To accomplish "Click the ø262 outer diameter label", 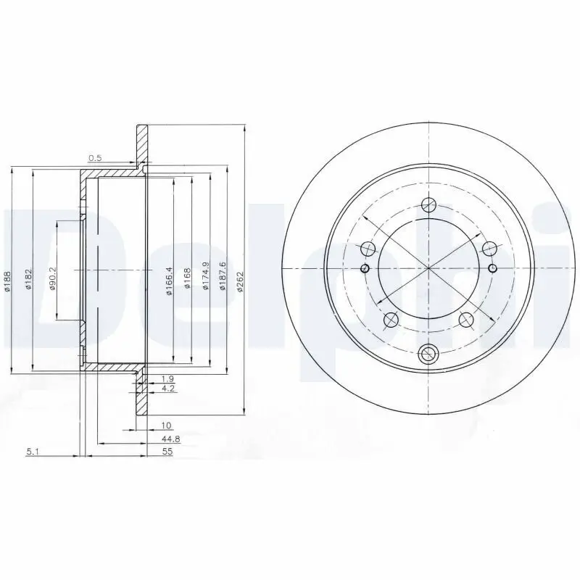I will [240, 280].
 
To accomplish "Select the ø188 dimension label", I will [7, 280].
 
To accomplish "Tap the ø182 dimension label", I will [28, 280].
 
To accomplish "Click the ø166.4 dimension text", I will [169, 280].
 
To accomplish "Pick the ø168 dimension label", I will [187, 280].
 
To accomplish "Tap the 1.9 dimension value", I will [167, 379].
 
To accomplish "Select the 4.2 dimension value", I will [167, 389].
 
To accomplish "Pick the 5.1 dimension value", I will [32, 452].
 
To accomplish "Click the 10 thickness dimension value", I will [167, 426].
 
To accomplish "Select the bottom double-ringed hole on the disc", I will [429, 355].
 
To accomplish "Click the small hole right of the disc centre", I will [493, 269].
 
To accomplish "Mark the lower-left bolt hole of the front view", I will [391, 319].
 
